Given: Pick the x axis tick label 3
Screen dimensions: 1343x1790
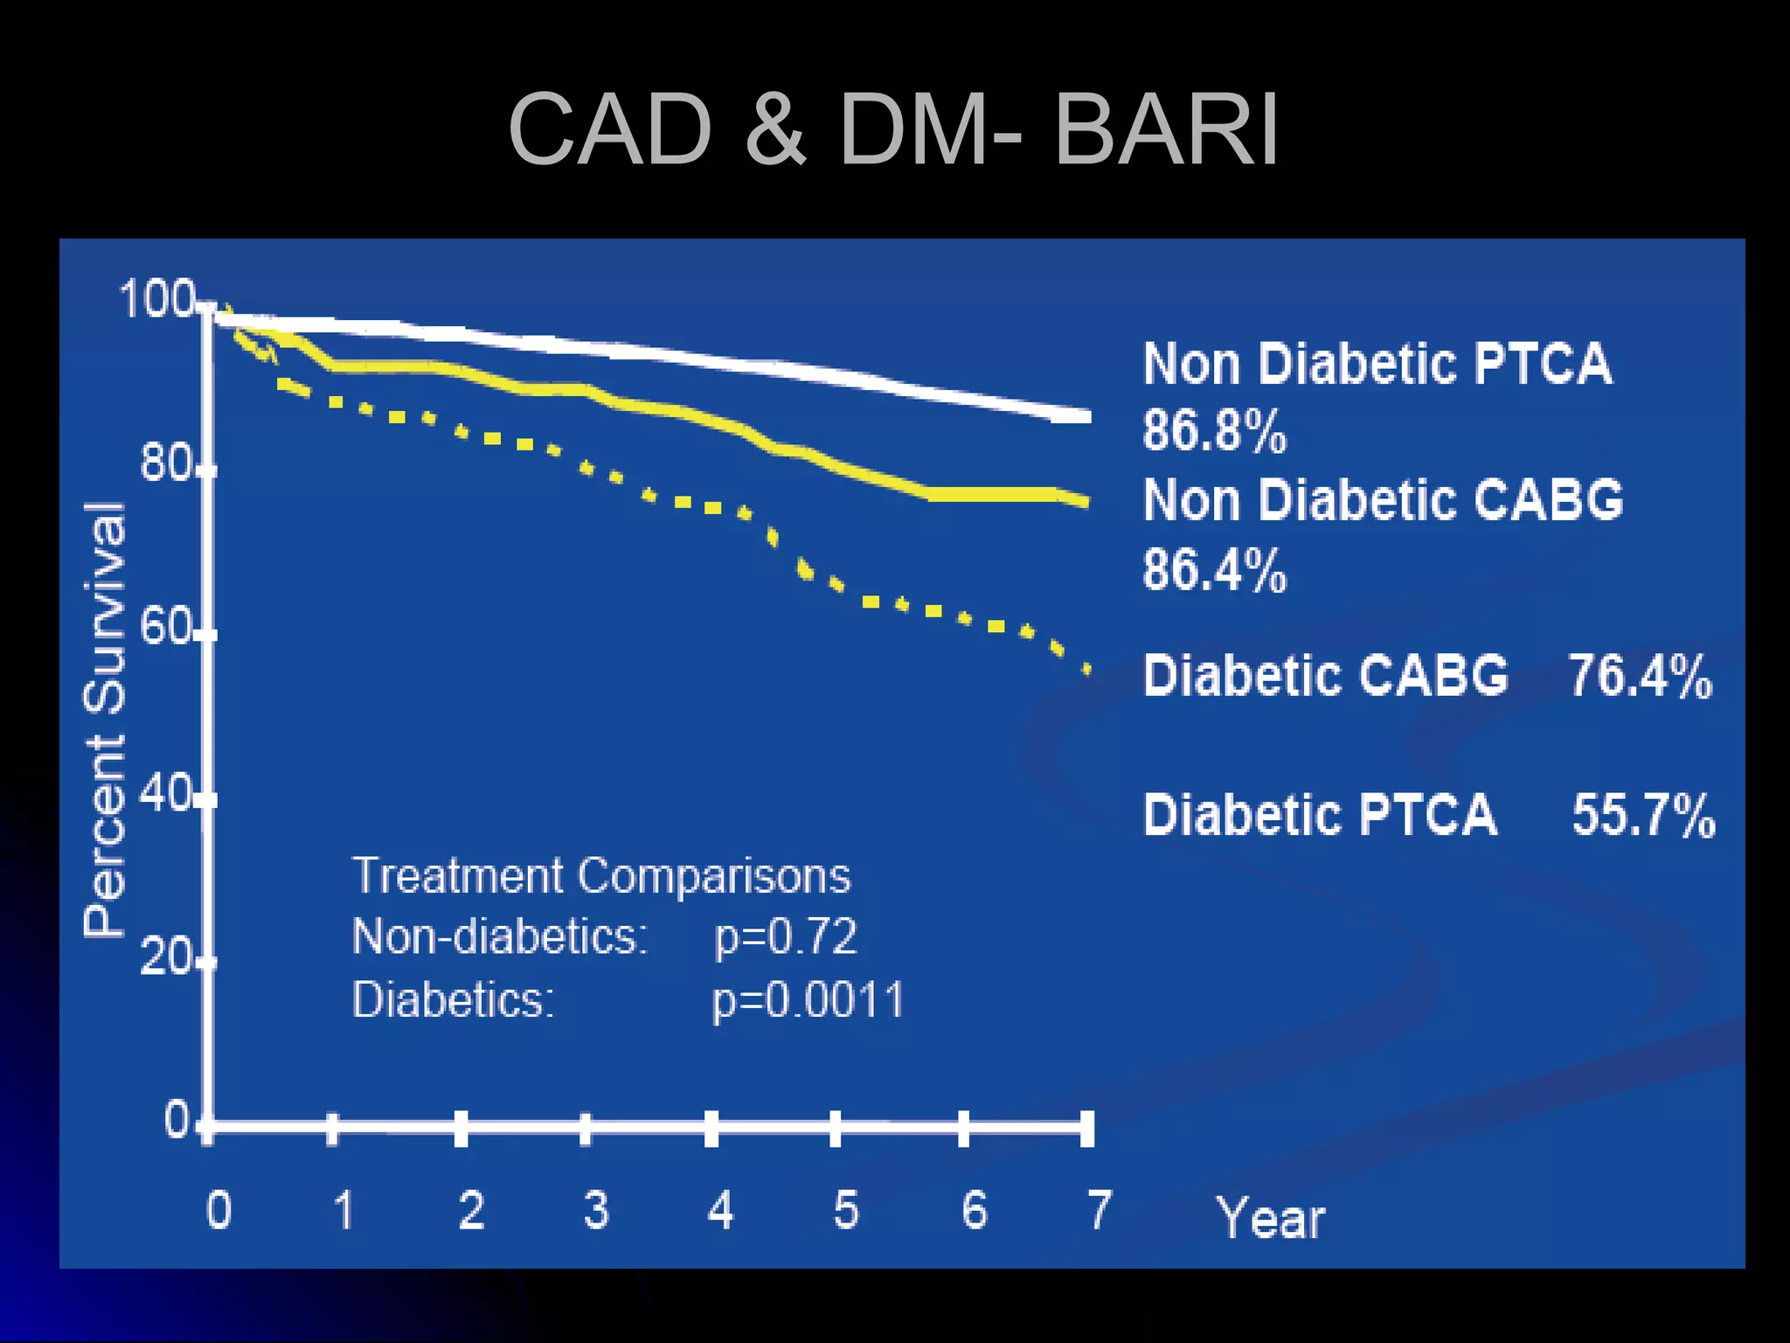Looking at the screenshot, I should tap(596, 1210).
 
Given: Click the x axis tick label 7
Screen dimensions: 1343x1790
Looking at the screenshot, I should tap(1100, 1210).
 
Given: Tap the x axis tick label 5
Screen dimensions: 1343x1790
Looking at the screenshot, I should tap(846, 1210).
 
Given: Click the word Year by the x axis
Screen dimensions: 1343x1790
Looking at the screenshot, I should tap(1270, 1217).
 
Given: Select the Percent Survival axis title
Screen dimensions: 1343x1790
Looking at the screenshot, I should tap(105, 720).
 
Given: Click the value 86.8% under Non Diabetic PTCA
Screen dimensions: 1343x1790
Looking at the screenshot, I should tap(1214, 430).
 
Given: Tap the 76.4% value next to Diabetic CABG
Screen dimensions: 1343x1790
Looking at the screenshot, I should tap(1640, 676).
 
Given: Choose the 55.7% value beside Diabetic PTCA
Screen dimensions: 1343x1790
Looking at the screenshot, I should tap(1643, 815).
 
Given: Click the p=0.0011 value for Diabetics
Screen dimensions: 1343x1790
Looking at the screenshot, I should tap(808, 999).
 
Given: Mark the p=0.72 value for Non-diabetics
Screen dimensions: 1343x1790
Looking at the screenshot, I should tap(785, 936).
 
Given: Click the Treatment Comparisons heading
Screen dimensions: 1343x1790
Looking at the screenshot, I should tap(600, 875).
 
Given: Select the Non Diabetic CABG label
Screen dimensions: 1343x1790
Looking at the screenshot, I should tap(1383, 500).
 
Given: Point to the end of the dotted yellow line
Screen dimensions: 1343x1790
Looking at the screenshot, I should tap(1087, 670).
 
